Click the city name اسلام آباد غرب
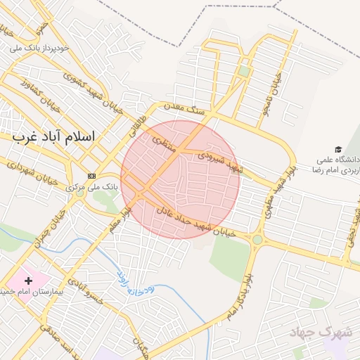point(53,136)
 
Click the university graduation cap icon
point(338,150)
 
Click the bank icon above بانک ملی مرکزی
point(91,175)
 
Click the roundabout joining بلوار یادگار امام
point(257,240)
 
